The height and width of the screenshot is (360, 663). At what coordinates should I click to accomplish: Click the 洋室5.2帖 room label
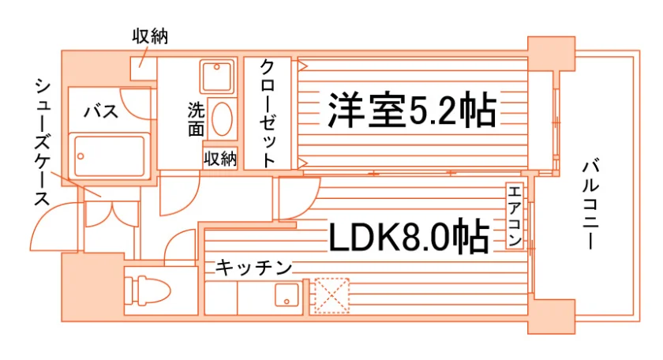tap(412, 110)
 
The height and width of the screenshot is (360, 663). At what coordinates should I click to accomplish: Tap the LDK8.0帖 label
tap(409, 238)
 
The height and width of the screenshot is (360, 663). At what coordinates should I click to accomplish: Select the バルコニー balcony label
tap(590, 204)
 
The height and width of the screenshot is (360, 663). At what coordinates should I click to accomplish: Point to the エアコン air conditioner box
tap(515, 216)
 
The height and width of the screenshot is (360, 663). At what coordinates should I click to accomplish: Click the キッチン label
tap(253, 267)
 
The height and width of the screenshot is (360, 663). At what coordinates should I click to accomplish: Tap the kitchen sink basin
tap(287, 294)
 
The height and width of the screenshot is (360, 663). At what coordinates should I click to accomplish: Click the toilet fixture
tap(147, 291)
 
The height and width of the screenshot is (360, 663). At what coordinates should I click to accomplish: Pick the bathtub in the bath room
tap(110, 156)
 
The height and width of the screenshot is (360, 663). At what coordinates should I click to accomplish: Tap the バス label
tap(101, 111)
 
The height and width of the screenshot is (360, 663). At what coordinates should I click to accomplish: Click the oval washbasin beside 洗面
tap(222, 119)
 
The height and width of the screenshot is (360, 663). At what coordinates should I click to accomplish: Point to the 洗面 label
tap(196, 119)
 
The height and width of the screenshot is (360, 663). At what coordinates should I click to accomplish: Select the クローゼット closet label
tap(268, 113)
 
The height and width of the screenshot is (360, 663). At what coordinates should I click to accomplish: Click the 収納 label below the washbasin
tap(220, 159)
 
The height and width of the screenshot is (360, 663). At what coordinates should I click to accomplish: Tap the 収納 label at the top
tap(150, 36)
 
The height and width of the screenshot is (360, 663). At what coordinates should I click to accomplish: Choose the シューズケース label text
tap(43, 142)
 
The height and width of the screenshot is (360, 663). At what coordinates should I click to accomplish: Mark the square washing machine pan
tap(216, 76)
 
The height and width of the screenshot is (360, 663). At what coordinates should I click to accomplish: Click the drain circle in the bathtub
tap(81, 156)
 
